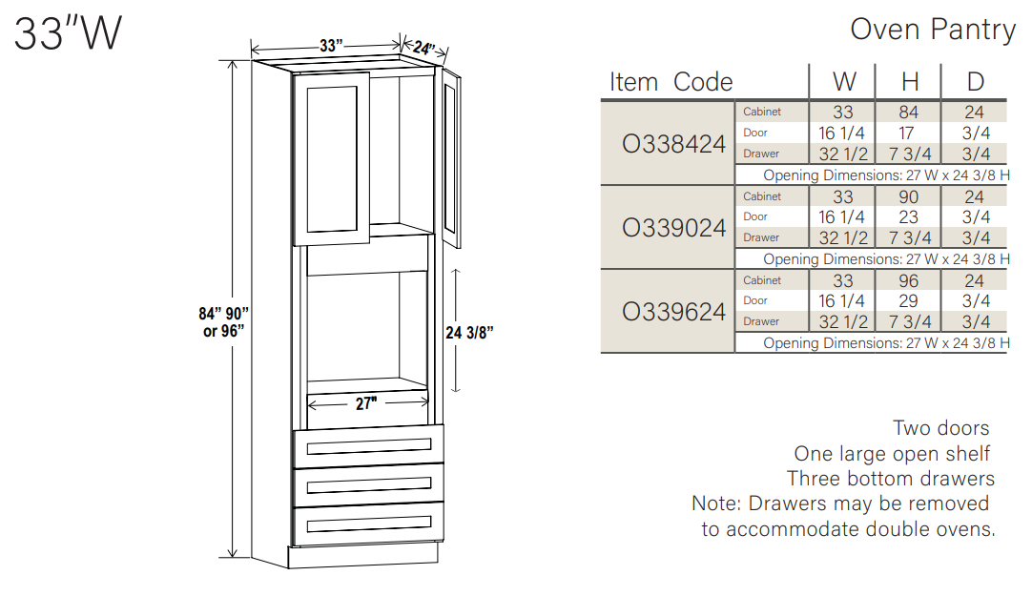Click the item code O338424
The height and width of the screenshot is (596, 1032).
coord(673,144)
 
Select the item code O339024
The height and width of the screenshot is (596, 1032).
coord(673,228)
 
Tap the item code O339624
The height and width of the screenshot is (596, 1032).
coord(673,312)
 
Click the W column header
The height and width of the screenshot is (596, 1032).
coord(843,82)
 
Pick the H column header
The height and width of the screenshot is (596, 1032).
coord(909,82)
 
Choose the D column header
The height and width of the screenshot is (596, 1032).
coord(975,82)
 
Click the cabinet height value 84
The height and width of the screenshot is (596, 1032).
coord(909,113)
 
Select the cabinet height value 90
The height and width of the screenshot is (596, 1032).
coord(909,196)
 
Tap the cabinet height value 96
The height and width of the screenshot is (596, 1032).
coord(909,280)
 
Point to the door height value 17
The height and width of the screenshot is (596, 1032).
coord(909,134)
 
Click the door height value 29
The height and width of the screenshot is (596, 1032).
coord(909,301)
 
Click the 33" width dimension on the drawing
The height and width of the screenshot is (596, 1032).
coord(330,46)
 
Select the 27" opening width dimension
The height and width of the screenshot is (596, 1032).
coord(366,403)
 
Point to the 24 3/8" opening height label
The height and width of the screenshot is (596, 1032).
coord(469,333)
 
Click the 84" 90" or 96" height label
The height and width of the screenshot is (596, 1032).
coord(224,321)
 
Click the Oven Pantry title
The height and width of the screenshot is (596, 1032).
coord(932,30)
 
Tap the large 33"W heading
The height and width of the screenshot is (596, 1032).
coord(68,34)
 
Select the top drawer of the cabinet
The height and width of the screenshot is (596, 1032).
coord(368,446)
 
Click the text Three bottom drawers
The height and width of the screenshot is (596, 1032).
coord(890,479)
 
